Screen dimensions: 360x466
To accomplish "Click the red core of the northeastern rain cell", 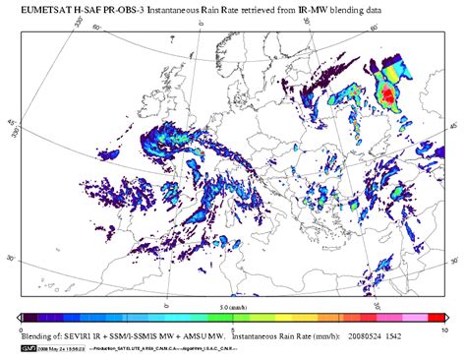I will [387, 95].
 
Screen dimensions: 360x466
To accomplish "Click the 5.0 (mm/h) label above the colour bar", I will [233, 308].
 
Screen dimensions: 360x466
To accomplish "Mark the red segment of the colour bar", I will [437, 318].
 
